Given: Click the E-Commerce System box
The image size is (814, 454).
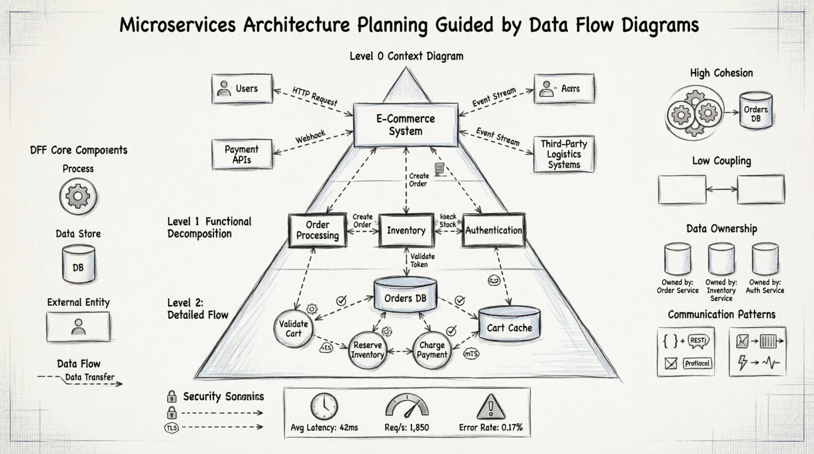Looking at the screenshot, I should (406, 125).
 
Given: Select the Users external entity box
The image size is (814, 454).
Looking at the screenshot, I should (242, 89).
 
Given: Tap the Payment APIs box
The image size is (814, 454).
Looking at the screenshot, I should (242, 154).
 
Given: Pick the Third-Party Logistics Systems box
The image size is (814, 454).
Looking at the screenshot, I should (564, 154).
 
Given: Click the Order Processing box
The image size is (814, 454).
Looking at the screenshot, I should (317, 230).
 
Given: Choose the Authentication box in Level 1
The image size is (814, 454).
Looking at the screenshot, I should (494, 230).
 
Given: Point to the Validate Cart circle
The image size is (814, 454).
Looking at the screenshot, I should (294, 328).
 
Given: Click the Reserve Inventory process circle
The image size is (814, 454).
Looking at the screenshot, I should (367, 350).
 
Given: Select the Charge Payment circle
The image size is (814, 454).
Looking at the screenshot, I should (431, 350).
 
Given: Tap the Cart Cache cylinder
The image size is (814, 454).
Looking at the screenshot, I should (509, 324).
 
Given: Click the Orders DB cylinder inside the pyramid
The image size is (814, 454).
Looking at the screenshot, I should (405, 295).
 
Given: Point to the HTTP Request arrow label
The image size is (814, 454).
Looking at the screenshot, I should (315, 96).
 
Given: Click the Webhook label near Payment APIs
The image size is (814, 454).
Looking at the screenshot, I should (310, 137).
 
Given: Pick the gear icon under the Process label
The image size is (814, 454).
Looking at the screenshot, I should (78, 197).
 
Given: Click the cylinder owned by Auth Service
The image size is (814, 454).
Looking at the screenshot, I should (765, 259).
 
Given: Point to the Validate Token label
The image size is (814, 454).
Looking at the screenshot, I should (422, 260).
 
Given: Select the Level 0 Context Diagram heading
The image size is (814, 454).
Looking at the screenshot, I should (406, 56).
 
